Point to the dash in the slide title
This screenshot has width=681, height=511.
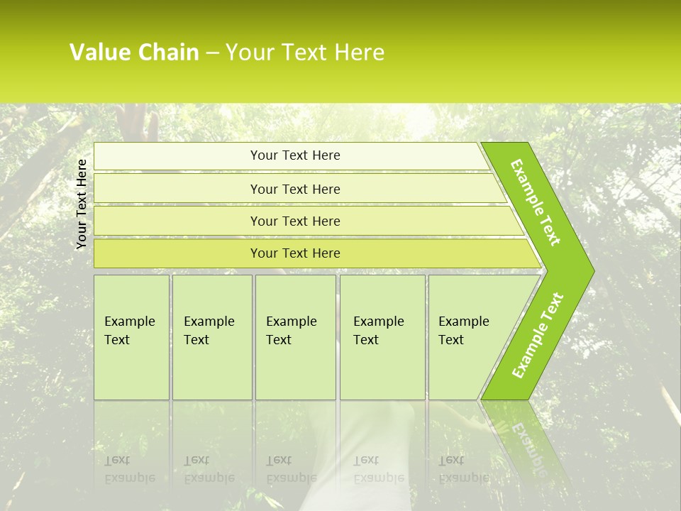pos(212,53)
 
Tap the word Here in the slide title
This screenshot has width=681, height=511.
pos(359,53)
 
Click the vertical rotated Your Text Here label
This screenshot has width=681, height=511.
pos(82,204)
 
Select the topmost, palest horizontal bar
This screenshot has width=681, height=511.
pos(294,155)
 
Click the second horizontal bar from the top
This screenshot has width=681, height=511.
pos(294,189)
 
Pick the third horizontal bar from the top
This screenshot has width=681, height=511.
pos(294,221)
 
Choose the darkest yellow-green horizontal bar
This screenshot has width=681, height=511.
pos(294,253)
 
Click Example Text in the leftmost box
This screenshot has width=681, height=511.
pos(130,330)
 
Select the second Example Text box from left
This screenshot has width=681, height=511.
pos(209,330)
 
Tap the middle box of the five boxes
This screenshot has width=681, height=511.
pos(292,330)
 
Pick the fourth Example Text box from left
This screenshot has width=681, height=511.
pos(380,330)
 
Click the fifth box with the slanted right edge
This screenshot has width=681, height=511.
pos(465,330)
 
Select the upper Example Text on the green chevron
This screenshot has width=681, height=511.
pos(536,202)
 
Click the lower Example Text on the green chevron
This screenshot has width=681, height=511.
pos(538,336)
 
